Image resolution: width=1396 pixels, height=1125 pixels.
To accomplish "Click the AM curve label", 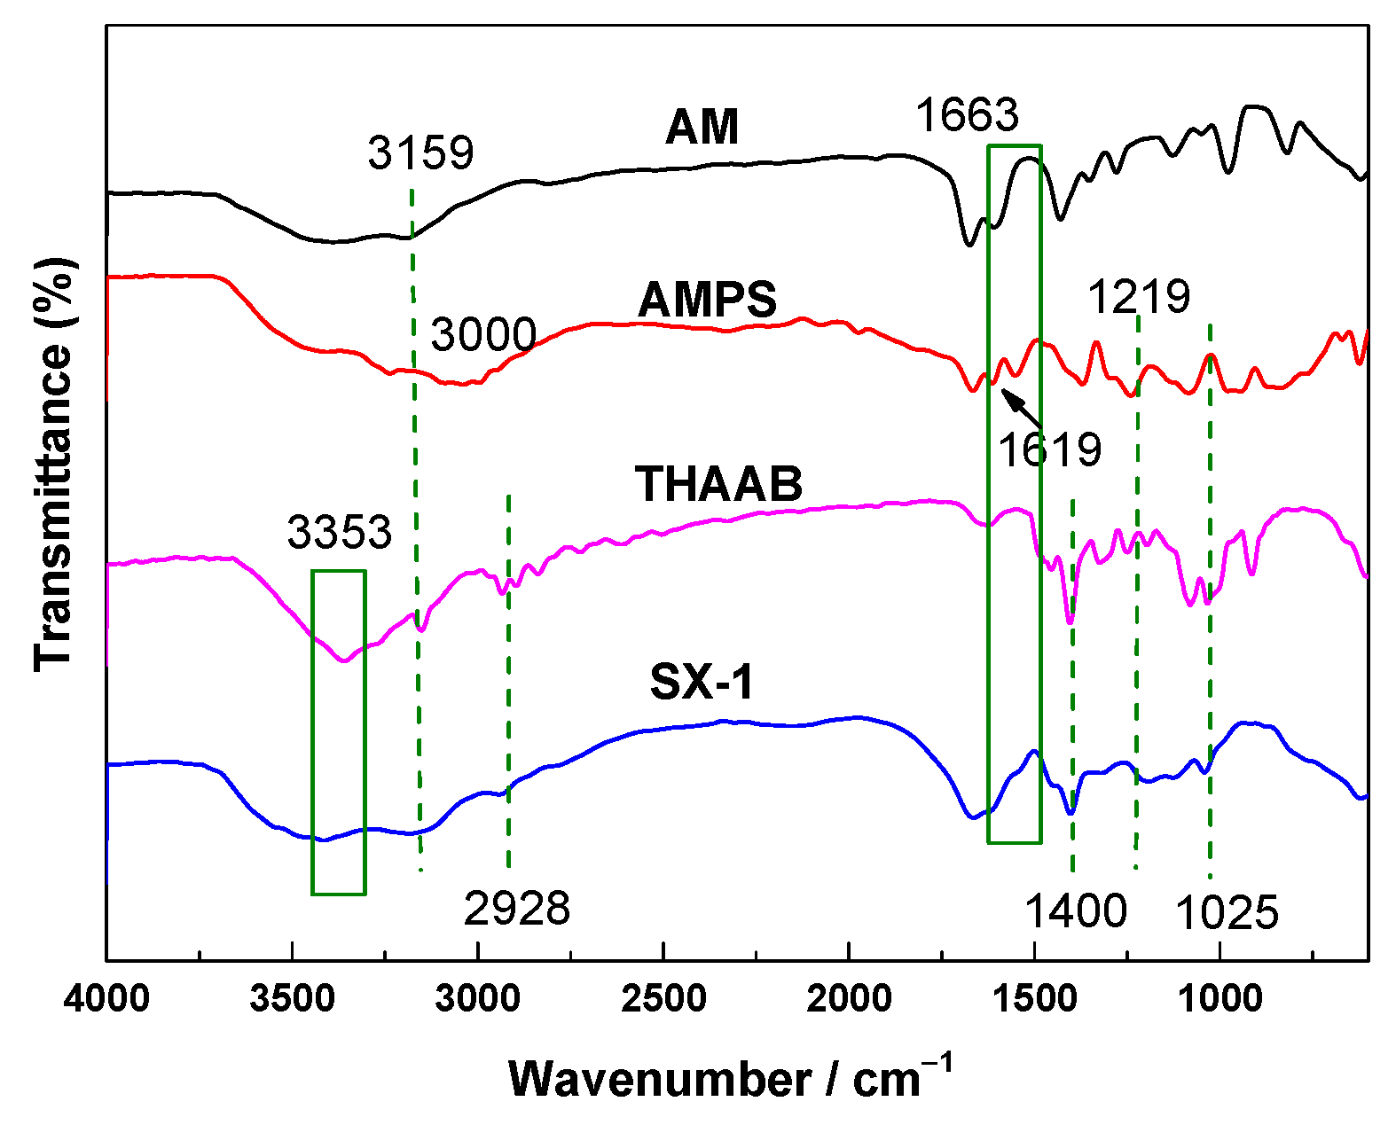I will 702,127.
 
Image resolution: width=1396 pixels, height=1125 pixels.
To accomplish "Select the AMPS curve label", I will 707,300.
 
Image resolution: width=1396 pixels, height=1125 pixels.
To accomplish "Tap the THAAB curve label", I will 718,484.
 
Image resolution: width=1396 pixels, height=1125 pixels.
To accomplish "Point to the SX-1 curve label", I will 701,682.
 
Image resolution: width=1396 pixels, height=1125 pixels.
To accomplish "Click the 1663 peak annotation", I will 967,115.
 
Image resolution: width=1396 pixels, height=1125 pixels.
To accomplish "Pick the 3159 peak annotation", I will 421,152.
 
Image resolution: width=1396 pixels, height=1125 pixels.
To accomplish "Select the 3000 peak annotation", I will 483,335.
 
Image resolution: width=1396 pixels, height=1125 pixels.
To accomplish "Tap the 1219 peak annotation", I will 1139,296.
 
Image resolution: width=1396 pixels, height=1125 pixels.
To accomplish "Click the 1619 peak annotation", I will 1049,449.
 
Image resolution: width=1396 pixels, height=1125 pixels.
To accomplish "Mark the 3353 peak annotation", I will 339,532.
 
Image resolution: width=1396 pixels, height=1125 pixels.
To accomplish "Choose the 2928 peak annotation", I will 517,908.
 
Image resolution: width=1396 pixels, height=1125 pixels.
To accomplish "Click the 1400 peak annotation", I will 1076,910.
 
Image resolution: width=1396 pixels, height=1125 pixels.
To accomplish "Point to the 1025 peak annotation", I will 1227,912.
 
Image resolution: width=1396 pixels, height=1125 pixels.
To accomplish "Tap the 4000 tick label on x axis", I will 106,999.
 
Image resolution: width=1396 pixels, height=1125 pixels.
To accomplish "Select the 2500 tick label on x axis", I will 663,999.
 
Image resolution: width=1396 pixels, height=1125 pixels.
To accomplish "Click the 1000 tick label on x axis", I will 1220,999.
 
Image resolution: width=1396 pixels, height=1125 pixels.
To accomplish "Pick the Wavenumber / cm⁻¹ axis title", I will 730,1078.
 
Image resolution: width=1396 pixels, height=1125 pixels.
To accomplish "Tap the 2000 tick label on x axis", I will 849,999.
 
